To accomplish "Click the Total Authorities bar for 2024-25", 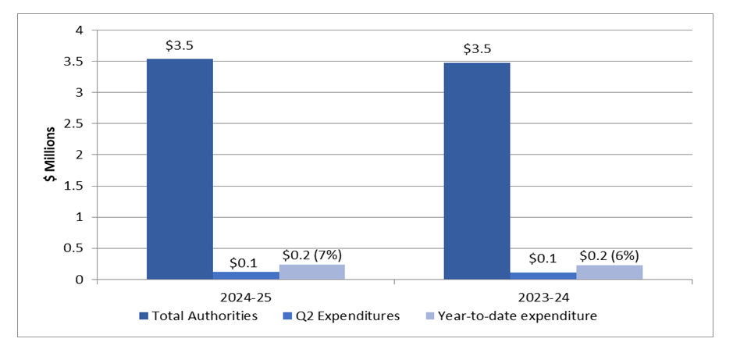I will click(x=180, y=169).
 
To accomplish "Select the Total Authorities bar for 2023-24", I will click(x=477, y=171).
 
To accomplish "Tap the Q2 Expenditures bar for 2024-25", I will click(x=246, y=275).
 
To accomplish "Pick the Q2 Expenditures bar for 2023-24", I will click(x=543, y=276).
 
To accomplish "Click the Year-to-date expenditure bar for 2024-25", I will click(x=311, y=272).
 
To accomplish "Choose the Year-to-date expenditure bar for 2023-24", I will click(x=610, y=272).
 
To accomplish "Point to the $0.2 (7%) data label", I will click(x=311, y=255).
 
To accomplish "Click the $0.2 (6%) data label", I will click(x=609, y=255).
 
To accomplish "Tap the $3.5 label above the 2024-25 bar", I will click(x=180, y=46).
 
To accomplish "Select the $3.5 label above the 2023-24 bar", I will click(x=477, y=49).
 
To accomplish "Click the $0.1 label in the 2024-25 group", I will click(x=246, y=262).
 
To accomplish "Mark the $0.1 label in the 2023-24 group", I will click(x=543, y=258).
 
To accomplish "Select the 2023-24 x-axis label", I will click(x=543, y=298).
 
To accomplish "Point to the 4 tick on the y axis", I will click(x=78, y=30).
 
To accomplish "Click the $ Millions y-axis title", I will click(x=49, y=155).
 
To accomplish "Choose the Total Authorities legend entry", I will click(x=198, y=316).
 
